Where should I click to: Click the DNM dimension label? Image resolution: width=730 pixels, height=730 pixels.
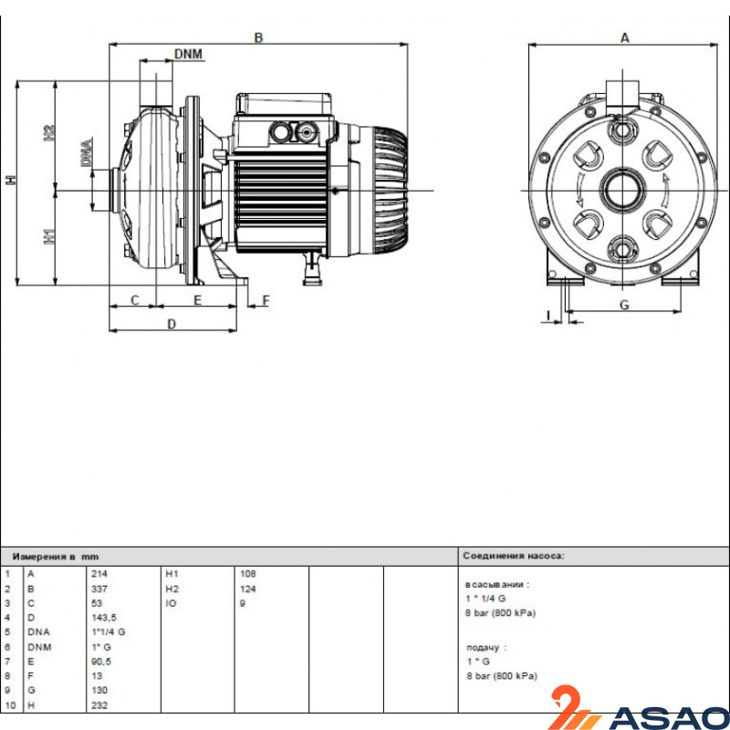click(x=189, y=54)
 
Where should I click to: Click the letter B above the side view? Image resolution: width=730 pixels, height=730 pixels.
click(x=258, y=37)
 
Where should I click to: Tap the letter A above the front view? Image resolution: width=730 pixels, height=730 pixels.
click(x=625, y=37)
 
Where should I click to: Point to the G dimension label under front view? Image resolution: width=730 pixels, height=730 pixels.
click(x=624, y=305)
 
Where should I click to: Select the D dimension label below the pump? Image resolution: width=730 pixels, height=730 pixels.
click(x=172, y=324)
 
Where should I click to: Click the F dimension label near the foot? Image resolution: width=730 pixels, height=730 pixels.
click(x=266, y=301)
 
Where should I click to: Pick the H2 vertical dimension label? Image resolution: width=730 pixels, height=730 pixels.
click(x=49, y=133)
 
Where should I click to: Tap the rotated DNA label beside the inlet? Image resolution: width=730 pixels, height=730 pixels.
click(x=87, y=152)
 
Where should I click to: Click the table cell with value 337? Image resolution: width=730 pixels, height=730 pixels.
click(x=99, y=589)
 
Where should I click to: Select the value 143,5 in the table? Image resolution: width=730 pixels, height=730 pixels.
click(x=104, y=618)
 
